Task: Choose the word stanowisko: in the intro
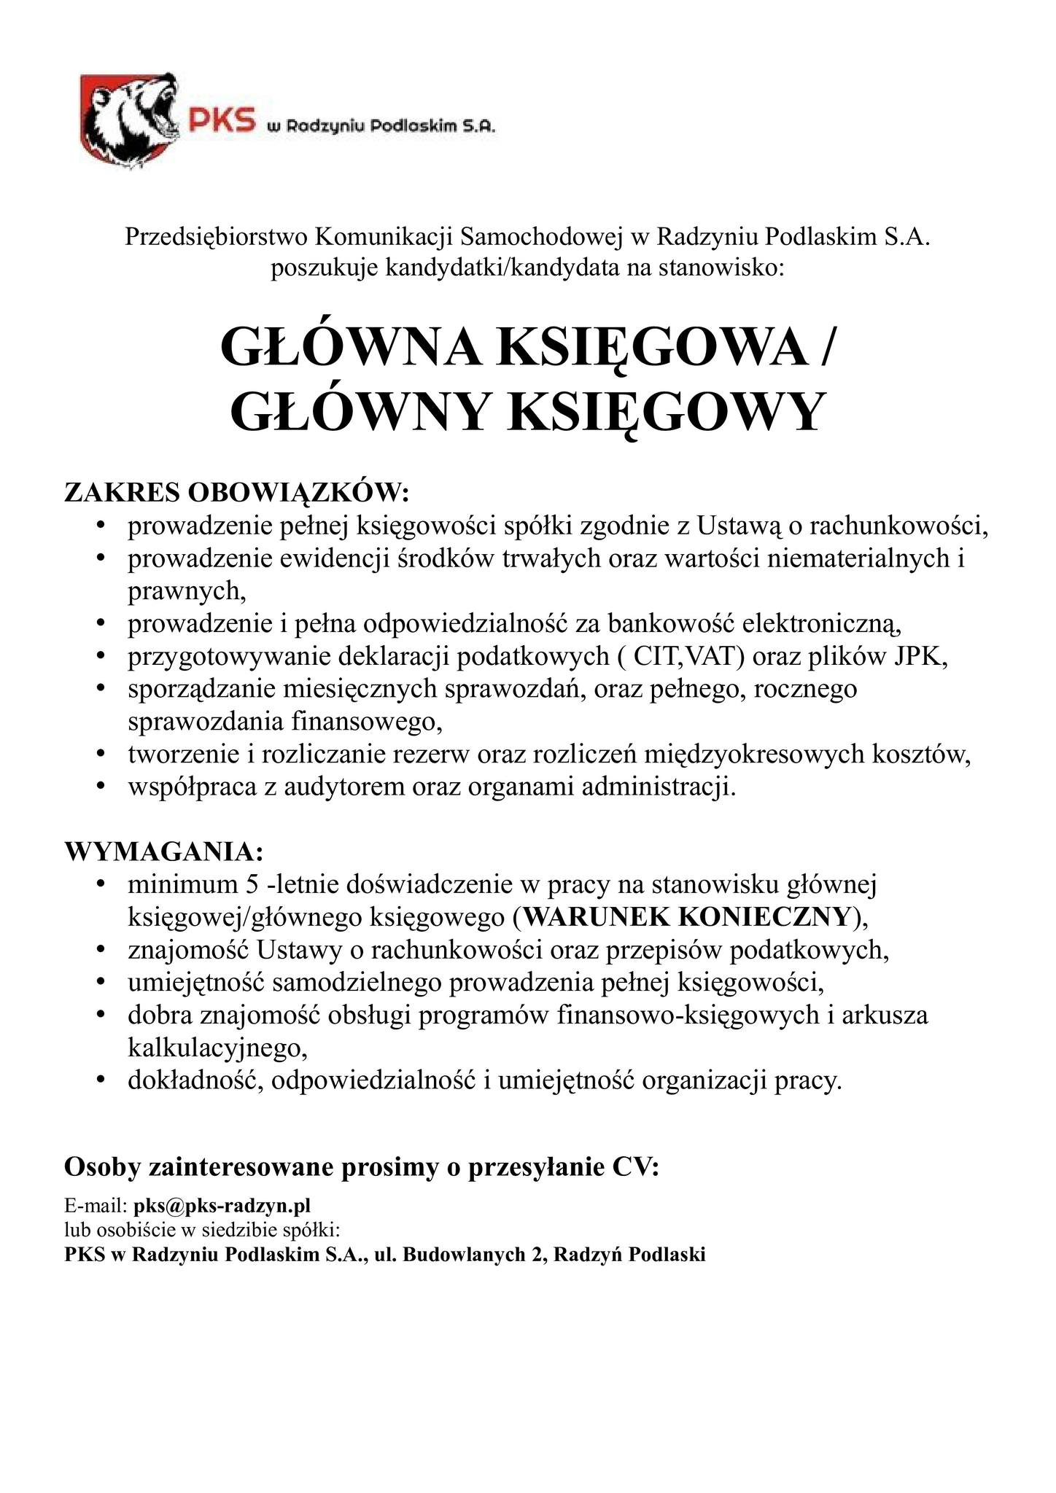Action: [x=721, y=269]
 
